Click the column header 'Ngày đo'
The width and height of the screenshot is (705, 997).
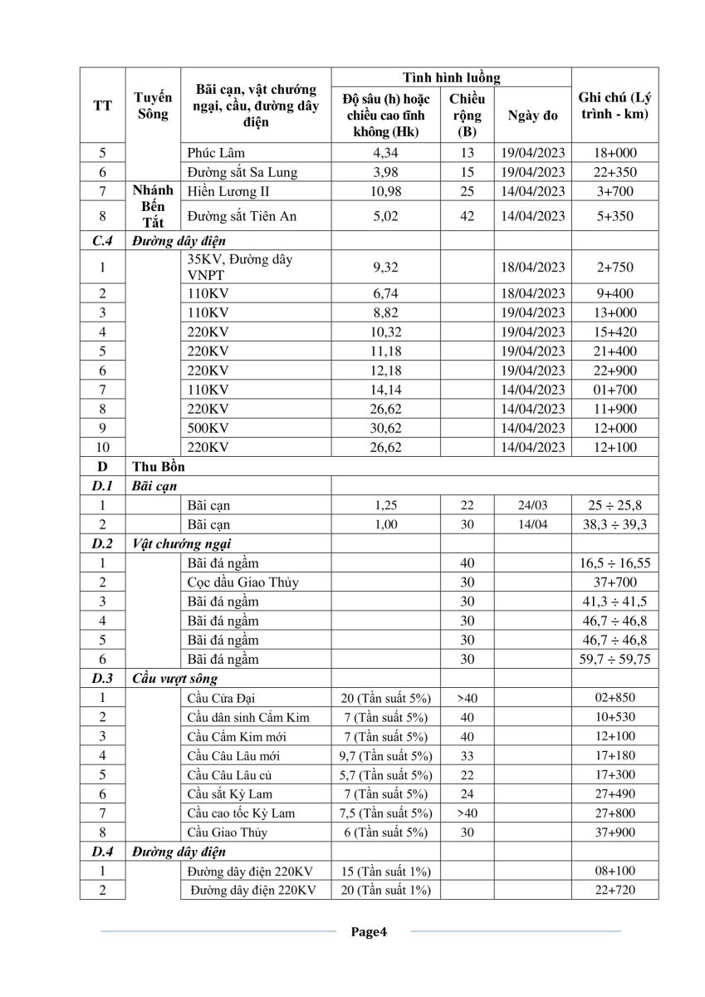point(531,115)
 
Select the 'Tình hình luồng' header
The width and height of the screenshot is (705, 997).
point(451,77)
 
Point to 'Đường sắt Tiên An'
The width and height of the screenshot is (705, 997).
point(242,216)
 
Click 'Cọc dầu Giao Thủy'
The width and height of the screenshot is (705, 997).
point(242,582)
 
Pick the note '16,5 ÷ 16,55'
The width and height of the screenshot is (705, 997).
point(614,563)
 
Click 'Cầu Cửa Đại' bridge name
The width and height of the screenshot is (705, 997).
point(227,698)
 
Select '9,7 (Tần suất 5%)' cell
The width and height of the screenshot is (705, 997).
point(386,756)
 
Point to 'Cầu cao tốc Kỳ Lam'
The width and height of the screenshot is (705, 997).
point(241,813)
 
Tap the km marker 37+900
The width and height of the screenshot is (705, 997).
point(614,832)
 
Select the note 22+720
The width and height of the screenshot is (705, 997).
point(614,890)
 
